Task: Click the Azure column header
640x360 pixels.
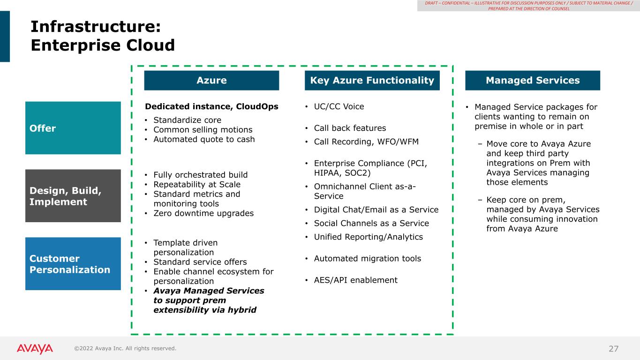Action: pos(211,81)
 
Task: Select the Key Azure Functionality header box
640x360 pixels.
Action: pos(372,81)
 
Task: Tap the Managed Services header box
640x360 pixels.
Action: pos(533,81)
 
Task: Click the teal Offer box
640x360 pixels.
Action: pos(73,128)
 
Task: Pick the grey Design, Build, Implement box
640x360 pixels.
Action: pos(73,196)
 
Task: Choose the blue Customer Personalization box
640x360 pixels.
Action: pos(73,264)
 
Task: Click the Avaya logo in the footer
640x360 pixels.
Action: pos(35,349)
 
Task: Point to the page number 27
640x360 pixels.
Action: pos(613,349)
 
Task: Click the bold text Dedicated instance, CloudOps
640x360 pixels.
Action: pos(211,106)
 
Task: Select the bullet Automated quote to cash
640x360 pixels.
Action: pos(204,139)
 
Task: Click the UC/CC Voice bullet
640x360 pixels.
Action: pos(339,106)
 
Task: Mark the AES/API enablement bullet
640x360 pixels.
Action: pos(355,280)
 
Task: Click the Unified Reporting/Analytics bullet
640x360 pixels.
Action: pos(368,237)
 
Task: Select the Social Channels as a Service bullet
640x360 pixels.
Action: pos(371,223)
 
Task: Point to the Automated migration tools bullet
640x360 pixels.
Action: pos(367,259)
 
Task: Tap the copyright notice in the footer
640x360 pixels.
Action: pos(125,348)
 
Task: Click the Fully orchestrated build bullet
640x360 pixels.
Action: pos(200,175)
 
